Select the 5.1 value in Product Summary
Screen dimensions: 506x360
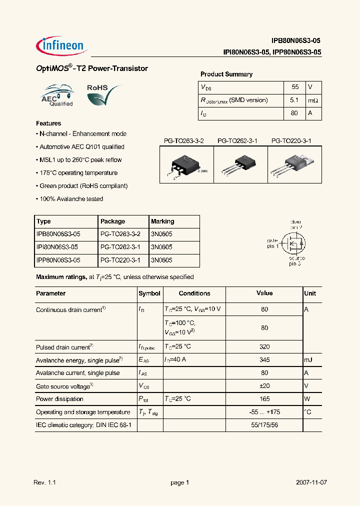[x=294, y=100]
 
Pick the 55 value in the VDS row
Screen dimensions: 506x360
[x=294, y=87]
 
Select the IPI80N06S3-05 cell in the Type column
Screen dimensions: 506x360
[x=58, y=247]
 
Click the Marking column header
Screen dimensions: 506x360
[x=162, y=221]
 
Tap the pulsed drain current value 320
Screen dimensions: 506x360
[x=264, y=346]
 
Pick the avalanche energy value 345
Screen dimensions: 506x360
[x=264, y=360]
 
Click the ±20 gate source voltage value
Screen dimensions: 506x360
[x=264, y=386]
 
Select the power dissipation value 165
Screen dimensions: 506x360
[x=264, y=399]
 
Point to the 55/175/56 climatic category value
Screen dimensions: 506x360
[x=264, y=425]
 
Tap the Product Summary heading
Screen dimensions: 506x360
[x=226, y=74]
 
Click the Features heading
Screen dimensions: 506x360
[x=48, y=123]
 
